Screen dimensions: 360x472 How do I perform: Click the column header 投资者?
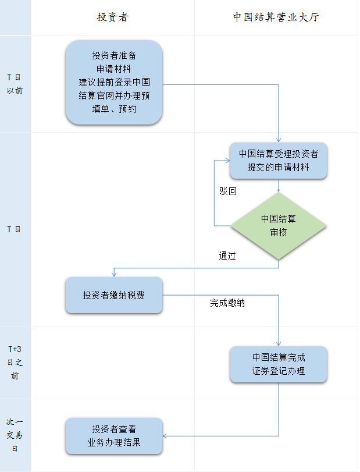click(113, 17)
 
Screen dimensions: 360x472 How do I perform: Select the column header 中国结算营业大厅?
click(276, 17)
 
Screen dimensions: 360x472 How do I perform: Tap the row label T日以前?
click(15, 84)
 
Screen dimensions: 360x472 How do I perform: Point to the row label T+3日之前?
click(15, 363)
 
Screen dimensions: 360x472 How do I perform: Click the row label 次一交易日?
click(15, 435)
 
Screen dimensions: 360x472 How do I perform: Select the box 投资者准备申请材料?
click(114, 82)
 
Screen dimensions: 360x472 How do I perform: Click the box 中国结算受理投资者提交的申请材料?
click(279, 161)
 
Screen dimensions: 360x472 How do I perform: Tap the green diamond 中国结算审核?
click(279, 226)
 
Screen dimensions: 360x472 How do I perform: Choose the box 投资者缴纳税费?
click(114, 295)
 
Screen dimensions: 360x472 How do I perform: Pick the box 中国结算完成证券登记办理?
click(279, 364)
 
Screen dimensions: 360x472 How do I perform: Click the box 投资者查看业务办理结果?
click(114, 436)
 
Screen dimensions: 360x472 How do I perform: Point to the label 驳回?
click(228, 191)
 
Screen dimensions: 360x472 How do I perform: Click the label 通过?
click(227, 256)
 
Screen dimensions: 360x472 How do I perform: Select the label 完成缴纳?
click(227, 303)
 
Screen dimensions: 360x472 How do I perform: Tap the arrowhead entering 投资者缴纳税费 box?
click(114, 274)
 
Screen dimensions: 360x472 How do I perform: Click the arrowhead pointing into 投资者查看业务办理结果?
click(165, 436)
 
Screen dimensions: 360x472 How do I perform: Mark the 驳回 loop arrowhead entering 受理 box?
click(227, 161)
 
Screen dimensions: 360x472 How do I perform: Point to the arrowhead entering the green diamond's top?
click(279, 190)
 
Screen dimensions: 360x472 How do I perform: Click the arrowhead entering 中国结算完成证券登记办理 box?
click(279, 343)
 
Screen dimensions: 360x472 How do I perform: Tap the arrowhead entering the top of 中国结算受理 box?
click(279, 140)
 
